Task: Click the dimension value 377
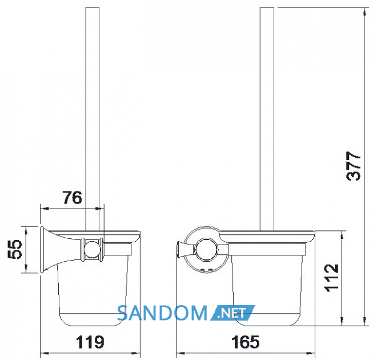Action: (353, 166)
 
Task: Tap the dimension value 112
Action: (331, 278)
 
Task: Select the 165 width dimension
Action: (245, 342)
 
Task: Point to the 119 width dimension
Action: (90, 342)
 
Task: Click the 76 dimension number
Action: (73, 197)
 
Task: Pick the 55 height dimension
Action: (15, 249)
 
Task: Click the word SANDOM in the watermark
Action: (162, 313)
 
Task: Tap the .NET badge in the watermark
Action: (232, 313)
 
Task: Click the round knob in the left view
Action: (93, 250)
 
